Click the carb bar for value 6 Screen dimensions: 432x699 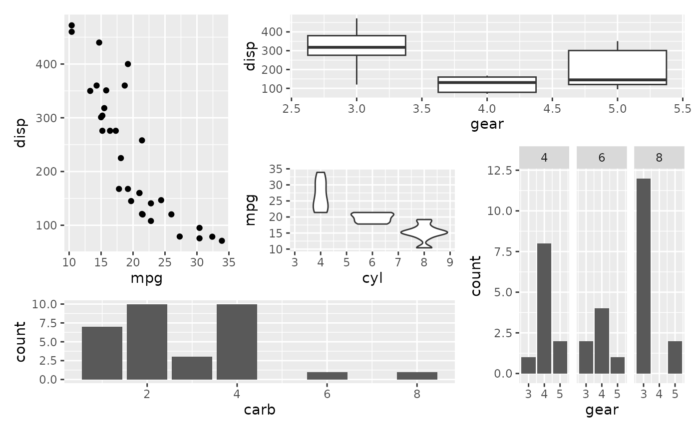(x=327, y=376)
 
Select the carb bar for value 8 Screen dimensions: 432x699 (x=417, y=376)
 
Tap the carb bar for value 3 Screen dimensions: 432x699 (x=192, y=368)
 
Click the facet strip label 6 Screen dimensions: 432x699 (x=602, y=158)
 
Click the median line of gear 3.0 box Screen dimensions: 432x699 (x=356, y=47)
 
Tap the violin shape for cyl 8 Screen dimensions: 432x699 (x=424, y=232)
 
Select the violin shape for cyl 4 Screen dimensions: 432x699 (x=321, y=193)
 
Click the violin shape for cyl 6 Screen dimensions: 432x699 (x=372, y=218)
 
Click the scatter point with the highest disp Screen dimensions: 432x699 (x=71, y=25)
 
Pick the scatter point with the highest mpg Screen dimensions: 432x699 (x=222, y=240)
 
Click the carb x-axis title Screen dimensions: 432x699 (x=260, y=410)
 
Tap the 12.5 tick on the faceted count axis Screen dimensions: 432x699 (x=502, y=171)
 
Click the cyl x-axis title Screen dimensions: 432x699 (x=372, y=278)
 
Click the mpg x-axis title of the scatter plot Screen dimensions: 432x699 (x=146, y=278)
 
